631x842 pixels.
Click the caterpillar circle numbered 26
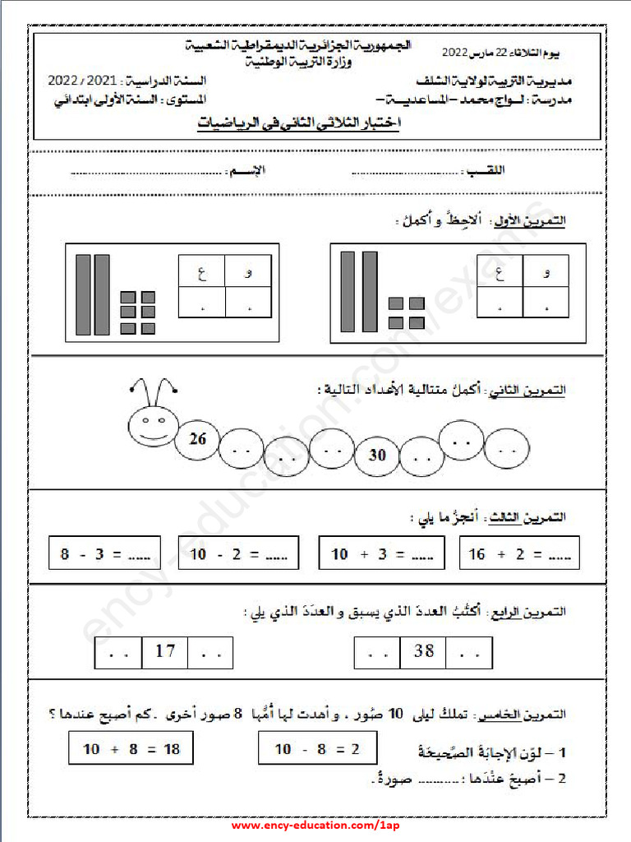click(198, 440)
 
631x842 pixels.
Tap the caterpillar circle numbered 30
click(377, 454)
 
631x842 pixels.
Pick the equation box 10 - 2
click(238, 555)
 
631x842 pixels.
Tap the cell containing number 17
click(165, 652)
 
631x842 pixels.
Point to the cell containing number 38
click(424, 652)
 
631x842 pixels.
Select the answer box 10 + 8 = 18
click(131, 749)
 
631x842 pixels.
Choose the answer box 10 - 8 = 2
click(317, 749)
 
